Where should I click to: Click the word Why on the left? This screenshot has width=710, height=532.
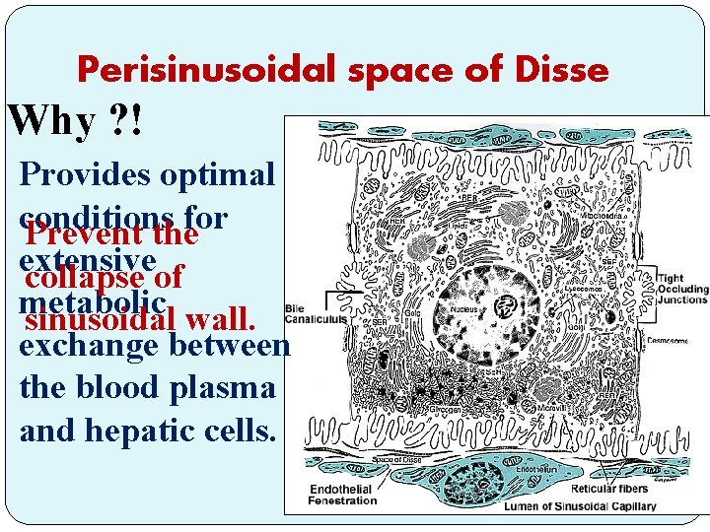(51, 122)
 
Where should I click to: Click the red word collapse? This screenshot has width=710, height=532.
(95, 278)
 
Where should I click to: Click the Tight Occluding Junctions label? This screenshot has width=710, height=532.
(681, 290)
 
